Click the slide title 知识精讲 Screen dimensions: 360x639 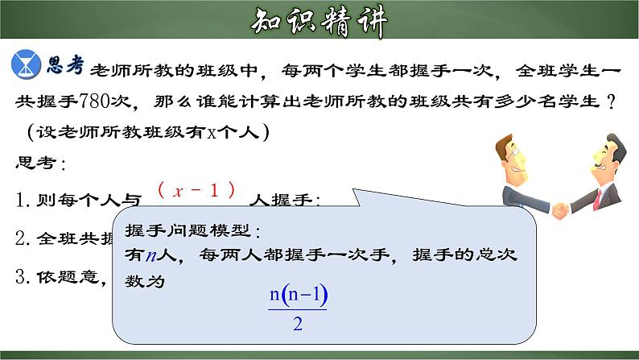point(319,22)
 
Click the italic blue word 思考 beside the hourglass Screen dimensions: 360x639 point(66,65)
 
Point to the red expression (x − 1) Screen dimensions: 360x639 point(196,190)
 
